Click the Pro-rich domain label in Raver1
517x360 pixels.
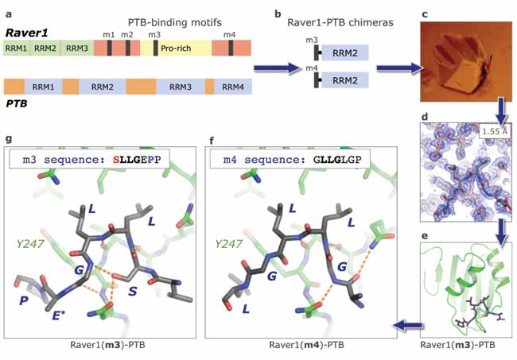[176, 48]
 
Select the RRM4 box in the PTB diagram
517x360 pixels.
[233, 87]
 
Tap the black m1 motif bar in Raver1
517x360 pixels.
[110, 48]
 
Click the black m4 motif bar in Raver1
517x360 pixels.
[231, 48]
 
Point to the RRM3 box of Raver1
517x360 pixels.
[77, 48]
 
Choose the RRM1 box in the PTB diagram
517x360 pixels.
[43, 87]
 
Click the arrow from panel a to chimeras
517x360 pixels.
[277, 68]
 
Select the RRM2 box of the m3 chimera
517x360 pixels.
[345, 52]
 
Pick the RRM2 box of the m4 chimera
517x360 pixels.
[345, 80]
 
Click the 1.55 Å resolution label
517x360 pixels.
[495, 131]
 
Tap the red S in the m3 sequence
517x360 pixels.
[116, 160]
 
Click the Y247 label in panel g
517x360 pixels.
[30, 244]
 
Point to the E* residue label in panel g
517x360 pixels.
[58, 315]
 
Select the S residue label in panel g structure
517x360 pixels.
[132, 292]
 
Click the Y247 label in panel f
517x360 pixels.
[228, 244]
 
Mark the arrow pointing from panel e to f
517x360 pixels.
[408, 325]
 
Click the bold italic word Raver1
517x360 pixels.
[27, 33]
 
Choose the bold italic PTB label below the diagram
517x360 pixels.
[17, 103]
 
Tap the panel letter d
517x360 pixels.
[425, 117]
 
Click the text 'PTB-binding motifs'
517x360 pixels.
[175, 22]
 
